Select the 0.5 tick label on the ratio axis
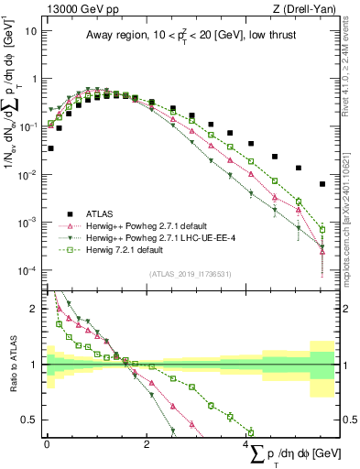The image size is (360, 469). (x=30, y=420)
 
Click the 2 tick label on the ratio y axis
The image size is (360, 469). (x=35, y=308)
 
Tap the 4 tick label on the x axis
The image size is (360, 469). (x=246, y=443)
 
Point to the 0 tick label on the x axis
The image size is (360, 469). (x=47, y=443)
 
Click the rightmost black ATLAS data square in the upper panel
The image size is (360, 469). (x=322, y=184)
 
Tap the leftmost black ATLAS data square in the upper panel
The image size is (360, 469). (x=50, y=147)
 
